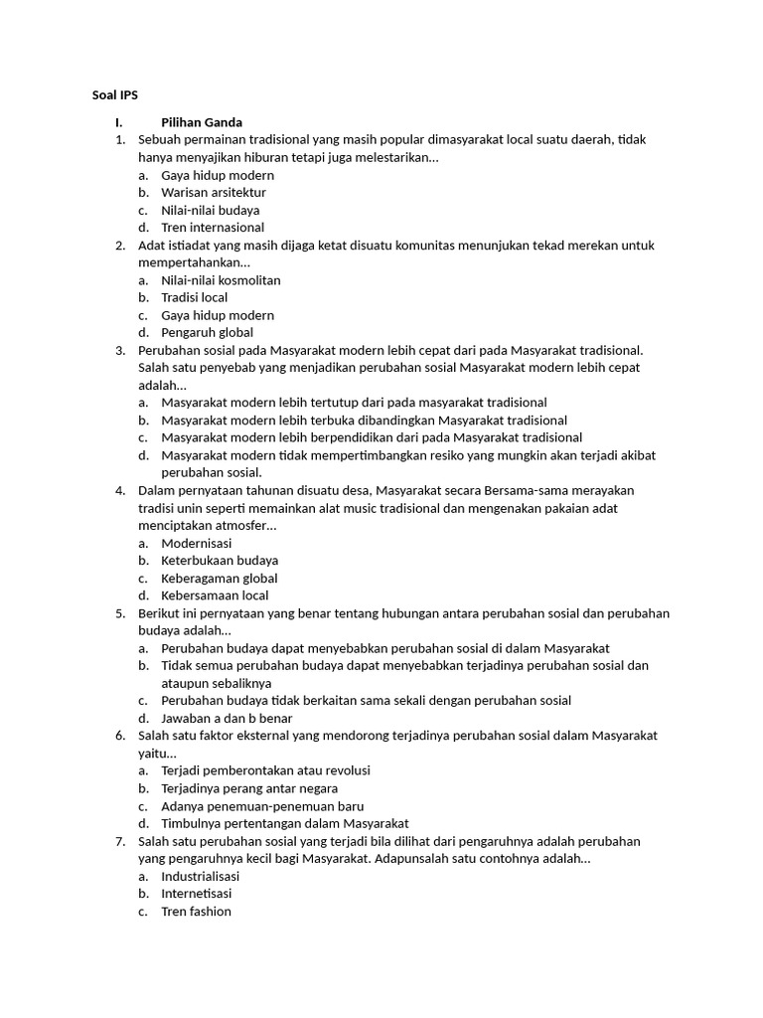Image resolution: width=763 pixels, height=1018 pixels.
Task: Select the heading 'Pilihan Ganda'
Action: [202, 122]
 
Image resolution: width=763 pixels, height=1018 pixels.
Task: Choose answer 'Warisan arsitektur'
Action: [214, 192]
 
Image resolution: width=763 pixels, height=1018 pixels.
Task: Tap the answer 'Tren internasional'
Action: [213, 227]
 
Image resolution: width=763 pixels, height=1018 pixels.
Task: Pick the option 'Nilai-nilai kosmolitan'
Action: [221, 280]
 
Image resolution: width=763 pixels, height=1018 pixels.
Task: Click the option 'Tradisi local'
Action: [195, 297]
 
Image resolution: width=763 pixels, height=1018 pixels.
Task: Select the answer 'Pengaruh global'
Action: [207, 332]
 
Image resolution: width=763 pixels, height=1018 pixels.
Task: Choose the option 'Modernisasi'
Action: [196, 543]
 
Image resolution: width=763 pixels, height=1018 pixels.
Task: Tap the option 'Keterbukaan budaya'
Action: [220, 561]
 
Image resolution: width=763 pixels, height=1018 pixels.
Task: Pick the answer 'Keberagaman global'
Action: [220, 578]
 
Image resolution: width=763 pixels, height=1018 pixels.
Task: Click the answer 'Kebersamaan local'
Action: [215, 595]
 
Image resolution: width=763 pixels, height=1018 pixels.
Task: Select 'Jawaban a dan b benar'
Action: [227, 718]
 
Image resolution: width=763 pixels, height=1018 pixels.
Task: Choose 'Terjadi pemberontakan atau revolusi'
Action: [266, 770]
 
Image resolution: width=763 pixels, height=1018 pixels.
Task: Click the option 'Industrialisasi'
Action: [201, 876]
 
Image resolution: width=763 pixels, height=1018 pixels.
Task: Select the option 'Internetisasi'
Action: [197, 894]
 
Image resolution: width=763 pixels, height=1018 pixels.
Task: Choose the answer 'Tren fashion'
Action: [196, 911]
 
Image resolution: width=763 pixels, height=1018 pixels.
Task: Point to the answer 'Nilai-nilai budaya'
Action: [211, 210]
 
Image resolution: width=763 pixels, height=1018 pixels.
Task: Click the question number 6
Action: [120, 736]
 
